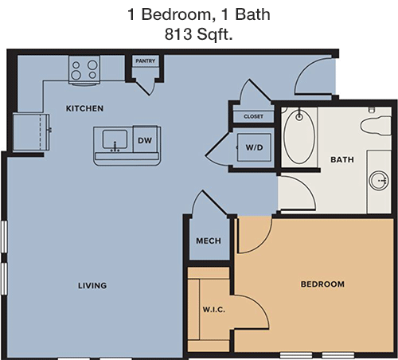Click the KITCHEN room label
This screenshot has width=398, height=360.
(84, 108)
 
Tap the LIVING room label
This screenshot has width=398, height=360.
(92, 285)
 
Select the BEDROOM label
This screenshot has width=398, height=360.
(322, 284)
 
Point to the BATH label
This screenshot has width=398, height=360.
(342, 159)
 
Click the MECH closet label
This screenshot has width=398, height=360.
(209, 241)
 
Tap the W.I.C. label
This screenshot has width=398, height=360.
(214, 310)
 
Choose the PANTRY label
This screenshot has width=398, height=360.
(145, 61)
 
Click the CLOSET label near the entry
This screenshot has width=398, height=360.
(253, 116)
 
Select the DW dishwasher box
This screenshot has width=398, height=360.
(145, 140)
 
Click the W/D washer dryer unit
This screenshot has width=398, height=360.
(254, 147)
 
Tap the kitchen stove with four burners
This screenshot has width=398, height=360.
(84, 70)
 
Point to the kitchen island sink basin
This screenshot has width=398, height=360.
(115, 140)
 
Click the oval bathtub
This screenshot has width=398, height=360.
(299, 137)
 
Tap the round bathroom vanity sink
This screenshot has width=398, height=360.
(379, 181)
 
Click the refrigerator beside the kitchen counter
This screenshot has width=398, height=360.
(31, 131)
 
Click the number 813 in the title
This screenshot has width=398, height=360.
(178, 34)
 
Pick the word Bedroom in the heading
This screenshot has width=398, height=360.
(177, 14)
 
